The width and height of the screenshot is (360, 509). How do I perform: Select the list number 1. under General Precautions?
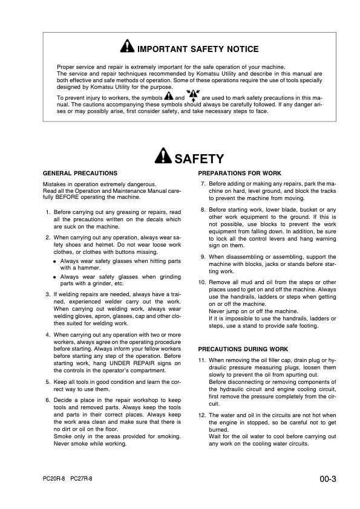48,213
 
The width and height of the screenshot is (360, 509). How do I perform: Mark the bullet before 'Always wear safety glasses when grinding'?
55,277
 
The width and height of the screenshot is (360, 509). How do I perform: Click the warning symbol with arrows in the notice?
194,96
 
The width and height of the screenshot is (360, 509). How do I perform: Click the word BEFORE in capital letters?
74,197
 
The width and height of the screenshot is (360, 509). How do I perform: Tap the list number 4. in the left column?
48,334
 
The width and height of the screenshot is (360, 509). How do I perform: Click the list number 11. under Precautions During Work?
202,360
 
